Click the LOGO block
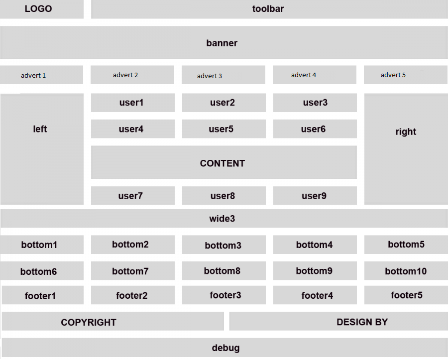tap(42, 9)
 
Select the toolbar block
tap(269, 9)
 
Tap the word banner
tap(222, 43)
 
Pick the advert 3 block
tap(224, 75)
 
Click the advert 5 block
tap(406, 75)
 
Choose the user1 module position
tap(133, 103)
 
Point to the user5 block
tap(224, 129)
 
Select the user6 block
tap(315, 129)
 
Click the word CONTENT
tap(223, 163)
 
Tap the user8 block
tap(224, 196)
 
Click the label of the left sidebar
tap(40, 129)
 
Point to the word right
tap(406, 132)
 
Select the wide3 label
tap(222, 219)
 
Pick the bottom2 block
tap(133, 244)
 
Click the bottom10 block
tap(406, 271)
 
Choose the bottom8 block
tap(224, 271)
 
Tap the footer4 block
tap(315, 295)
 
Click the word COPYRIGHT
tap(89, 322)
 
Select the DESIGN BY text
tap(362, 322)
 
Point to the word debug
tap(225, 348)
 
